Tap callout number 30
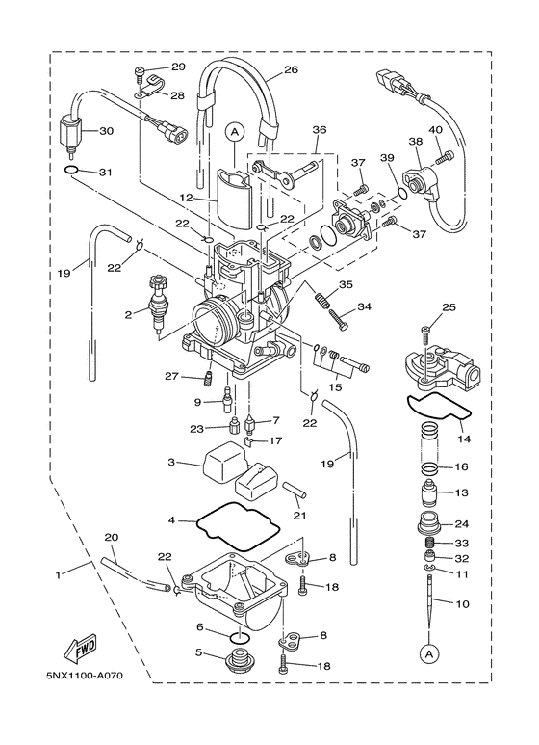[x=106, y=131]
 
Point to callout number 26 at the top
[x=291, y=69]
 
